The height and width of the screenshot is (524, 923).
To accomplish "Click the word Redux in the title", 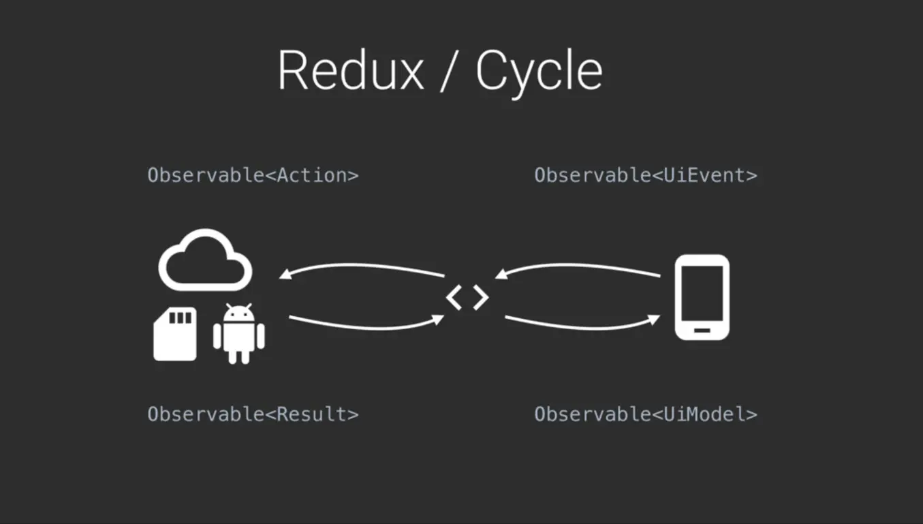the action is tap(351, 71).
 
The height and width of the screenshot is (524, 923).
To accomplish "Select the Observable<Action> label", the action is tap(253, 175).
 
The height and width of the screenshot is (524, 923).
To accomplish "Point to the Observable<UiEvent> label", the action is tap(645, 175).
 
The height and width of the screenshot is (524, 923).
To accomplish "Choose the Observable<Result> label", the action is tap(253, 414).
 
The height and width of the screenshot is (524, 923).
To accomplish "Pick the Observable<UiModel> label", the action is tap(645, 414).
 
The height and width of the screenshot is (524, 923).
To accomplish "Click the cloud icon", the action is tap(205, 261).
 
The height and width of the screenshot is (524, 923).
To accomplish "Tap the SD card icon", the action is tap(175, 334).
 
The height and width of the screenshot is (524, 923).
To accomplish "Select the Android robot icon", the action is tap(238, 335).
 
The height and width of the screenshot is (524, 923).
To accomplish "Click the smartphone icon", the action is tap(702, 297).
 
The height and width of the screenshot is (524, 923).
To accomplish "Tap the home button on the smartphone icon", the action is tap(702, 330).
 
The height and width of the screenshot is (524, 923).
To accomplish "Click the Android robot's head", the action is tap(238, 313).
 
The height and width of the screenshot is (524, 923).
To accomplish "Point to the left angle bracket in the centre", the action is tap(454, 297).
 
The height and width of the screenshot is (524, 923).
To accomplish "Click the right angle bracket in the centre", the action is tap(480, 297).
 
